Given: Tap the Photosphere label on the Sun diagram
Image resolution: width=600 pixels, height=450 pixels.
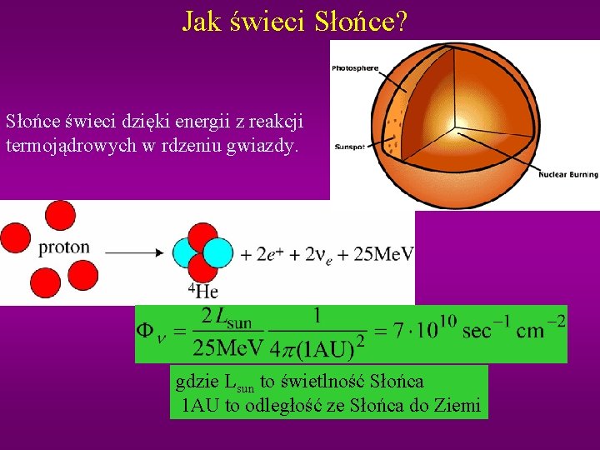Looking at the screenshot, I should (x=355, y=67).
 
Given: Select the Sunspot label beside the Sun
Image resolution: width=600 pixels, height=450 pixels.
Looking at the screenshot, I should (x=348, y=147).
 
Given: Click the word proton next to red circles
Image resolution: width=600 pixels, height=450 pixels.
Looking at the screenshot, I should (x=64, y=247).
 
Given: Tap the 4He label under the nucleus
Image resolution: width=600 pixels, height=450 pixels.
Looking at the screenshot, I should (x=202, y=291).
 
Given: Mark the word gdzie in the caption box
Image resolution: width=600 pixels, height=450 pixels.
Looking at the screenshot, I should (x=198, y=382).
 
